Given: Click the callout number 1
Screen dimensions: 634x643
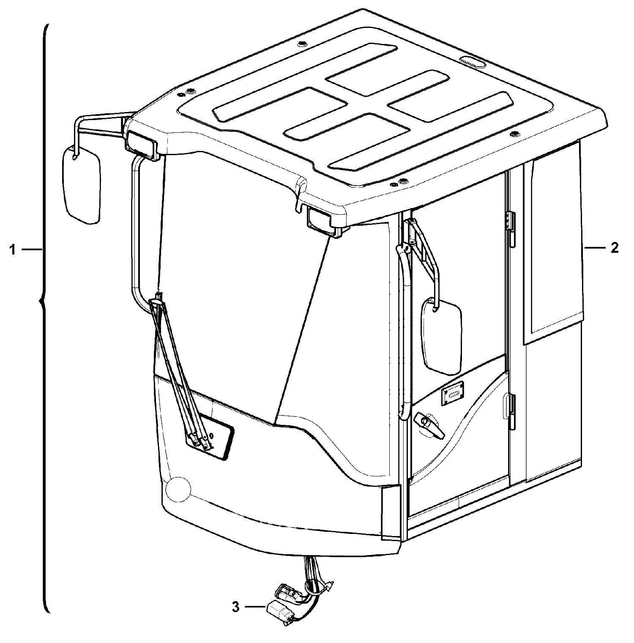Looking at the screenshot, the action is click(13, 250).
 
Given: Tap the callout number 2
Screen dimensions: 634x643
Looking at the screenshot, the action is click(615, 248).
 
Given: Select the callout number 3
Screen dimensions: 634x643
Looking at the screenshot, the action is click(236, 607).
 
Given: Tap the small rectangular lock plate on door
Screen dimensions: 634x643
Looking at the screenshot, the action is click(453, 394).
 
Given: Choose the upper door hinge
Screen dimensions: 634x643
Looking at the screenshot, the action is click(511, 229).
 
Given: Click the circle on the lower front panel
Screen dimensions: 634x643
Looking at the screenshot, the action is click(178, 489).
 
